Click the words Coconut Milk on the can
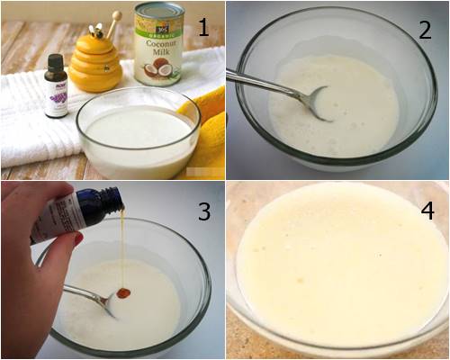point(158,46)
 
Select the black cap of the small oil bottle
point(56,64)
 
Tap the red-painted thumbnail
point(78,239)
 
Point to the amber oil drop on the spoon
point(123,292)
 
